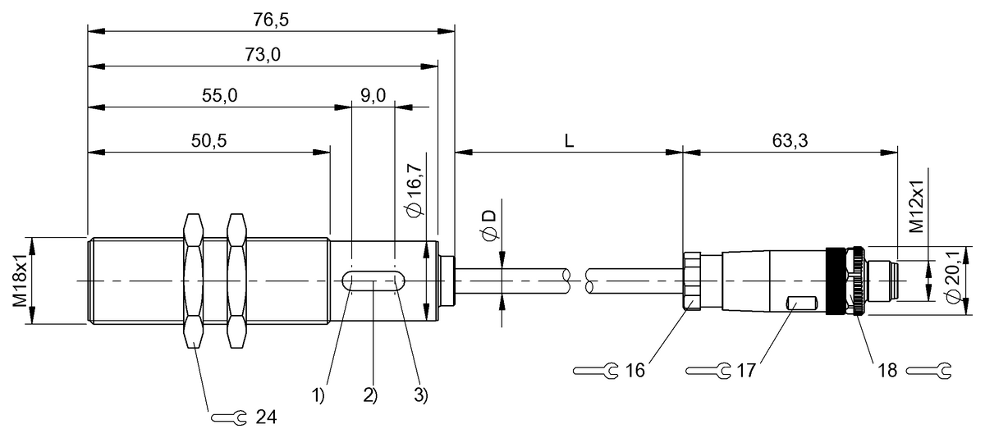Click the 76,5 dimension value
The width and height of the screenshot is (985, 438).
click(x=270, y=21)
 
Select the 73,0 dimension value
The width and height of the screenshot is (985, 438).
click(x=263, y=55)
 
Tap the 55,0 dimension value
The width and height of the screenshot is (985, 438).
click(x=219, y=95)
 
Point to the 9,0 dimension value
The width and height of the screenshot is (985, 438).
click(x=373, y=95)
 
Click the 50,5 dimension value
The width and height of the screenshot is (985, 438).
click(x=208, y=140)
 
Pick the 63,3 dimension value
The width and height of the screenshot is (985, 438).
click(x=790, y=140)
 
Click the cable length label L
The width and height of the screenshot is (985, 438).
click(x=569, y=141)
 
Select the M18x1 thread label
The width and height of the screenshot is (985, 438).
click(x=20, y=281)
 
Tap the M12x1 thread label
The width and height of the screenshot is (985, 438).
click(x=917, y=206)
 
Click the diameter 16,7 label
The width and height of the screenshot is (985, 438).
click(x=415, y=189)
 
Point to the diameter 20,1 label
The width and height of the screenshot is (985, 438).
click(x=953, y=277)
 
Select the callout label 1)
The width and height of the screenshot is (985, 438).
click(x=318, y=395)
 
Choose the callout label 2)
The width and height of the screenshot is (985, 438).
click(x=370, y=395)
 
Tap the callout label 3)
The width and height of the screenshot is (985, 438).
click(x=421, y=395)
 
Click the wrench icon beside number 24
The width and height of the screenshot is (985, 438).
click(x=229, y=417)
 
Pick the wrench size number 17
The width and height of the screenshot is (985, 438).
click(x=746, y=371)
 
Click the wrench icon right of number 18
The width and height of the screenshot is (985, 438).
click(x=928, y=371)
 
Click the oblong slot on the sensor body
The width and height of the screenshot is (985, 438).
click(x=373, y=281)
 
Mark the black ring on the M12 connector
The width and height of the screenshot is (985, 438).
click(x=836, y=281)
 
